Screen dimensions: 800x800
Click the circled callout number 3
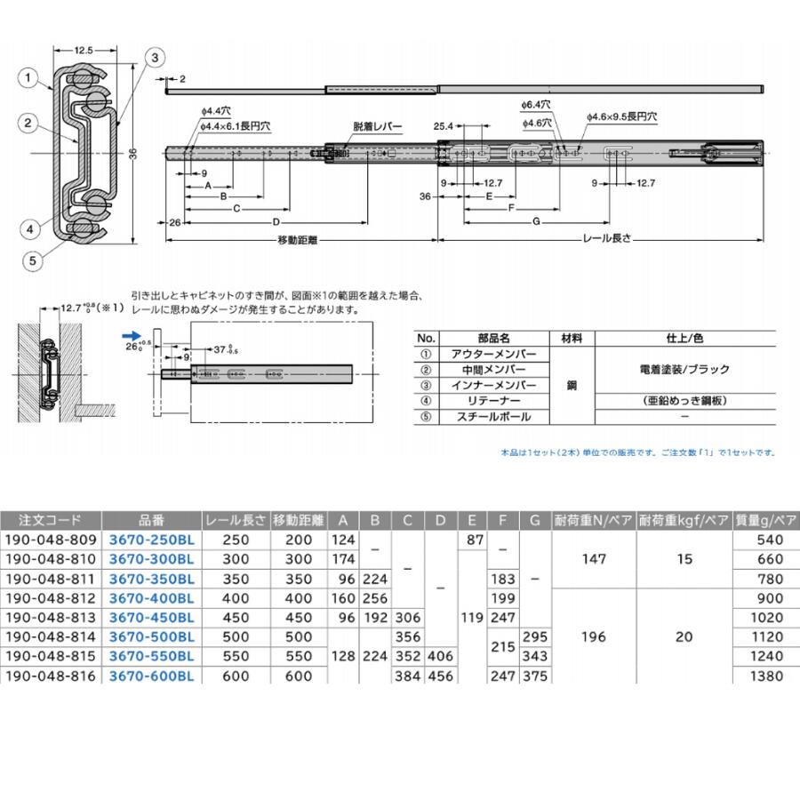(154, 57)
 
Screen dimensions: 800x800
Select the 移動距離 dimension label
(299, 240)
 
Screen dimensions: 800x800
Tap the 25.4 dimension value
(444, 125)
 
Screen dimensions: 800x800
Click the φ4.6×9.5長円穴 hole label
(621, 116)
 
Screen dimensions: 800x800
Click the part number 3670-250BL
(151, 540)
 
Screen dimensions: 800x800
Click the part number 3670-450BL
(151, 618)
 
